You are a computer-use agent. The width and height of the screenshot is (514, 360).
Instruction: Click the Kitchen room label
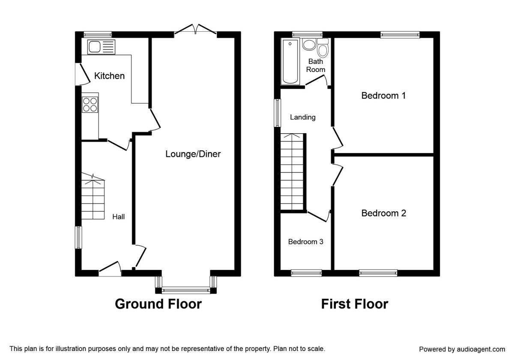[110, 76]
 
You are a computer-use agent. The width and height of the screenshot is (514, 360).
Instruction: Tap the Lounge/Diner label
[193, 154]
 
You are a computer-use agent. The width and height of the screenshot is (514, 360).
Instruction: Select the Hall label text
[118, 217]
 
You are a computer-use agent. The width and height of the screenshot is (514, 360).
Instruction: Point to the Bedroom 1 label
[383, 96]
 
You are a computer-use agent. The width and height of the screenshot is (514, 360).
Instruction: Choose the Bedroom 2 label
[384, 213]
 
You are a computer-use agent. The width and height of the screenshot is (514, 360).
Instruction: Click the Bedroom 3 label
[306, 242]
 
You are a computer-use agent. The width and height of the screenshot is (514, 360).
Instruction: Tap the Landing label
[303, 117]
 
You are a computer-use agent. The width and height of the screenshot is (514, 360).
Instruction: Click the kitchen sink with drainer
[101, 47]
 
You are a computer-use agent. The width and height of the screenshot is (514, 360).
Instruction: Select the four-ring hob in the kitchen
[90, 105]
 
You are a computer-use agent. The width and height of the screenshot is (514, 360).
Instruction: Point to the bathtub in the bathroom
[290, 62]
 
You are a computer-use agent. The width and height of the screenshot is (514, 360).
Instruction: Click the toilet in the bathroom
[323, 48]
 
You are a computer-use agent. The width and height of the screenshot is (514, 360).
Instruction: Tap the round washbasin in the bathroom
[309, 44]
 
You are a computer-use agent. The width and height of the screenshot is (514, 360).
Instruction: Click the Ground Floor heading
[158, 304]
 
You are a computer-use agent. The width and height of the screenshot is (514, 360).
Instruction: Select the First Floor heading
[355, 304]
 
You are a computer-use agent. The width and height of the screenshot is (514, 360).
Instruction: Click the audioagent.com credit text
[462, 349]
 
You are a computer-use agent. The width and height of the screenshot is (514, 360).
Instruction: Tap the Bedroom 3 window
[306, 273]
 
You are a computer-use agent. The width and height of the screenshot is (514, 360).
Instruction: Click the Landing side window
[278, 113]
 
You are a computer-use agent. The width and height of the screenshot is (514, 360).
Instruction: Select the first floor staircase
[292, 172]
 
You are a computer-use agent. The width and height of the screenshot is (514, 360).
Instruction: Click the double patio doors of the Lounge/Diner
[195, 30]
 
